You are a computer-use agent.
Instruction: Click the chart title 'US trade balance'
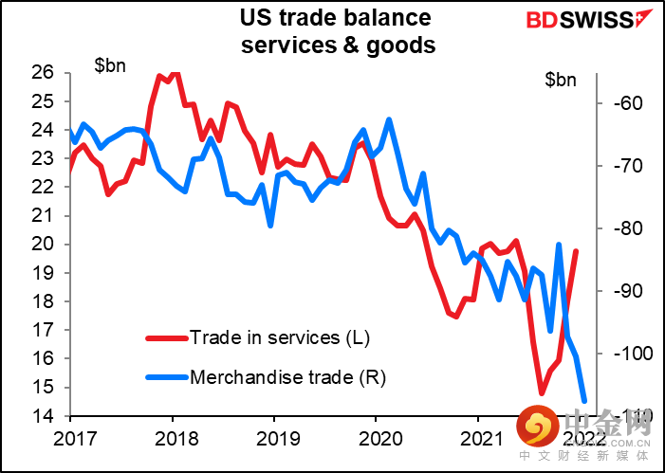tap(336, 18)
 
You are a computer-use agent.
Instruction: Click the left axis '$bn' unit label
tap(112, 66)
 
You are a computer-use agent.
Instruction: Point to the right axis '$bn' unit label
tap(561, 80)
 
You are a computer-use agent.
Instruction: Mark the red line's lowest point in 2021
tap(542, 393)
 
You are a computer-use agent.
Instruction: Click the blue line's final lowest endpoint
tap(584, 402)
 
